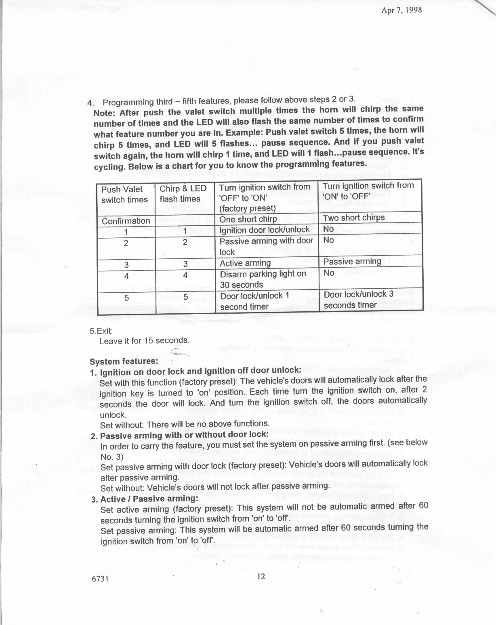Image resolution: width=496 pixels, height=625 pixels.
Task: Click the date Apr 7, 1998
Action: (x=401, y=10)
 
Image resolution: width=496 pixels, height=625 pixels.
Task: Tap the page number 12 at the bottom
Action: (x=261, y=576)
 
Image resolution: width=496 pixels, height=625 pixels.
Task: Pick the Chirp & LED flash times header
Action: (x=183, y=194)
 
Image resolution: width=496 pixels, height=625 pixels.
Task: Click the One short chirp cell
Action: (x=248, y=219)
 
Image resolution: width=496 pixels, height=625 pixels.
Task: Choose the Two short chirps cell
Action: (x=354, y=218)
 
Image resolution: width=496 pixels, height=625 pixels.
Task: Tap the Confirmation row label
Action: (x=126, y=221)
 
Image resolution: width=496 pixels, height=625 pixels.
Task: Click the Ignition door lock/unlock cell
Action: (x=265, y=230)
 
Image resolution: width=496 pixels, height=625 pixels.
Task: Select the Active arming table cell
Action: (x=245, y=263)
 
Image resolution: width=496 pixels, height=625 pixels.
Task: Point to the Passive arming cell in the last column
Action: (x=352, y=261)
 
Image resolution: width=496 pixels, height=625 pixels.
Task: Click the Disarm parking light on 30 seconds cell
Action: (x=263, y=279)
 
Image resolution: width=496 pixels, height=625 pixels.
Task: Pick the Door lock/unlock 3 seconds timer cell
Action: (x=358, y=300)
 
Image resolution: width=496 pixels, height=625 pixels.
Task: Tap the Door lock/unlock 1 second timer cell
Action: (x=254, y=301)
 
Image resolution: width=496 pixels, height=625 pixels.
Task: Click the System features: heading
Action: (x=124, y=361)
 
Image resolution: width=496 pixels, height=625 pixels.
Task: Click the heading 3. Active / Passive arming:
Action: (x=145, y=499)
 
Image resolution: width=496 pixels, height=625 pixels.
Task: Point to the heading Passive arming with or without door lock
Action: (x=184, y=435)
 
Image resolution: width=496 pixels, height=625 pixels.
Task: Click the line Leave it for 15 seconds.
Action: (x=144, y=340)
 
